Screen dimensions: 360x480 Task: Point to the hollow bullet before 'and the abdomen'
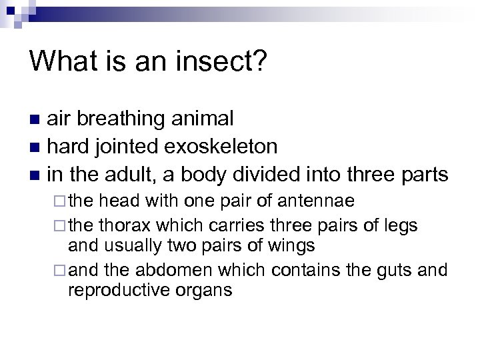click(x=62, y=271)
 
